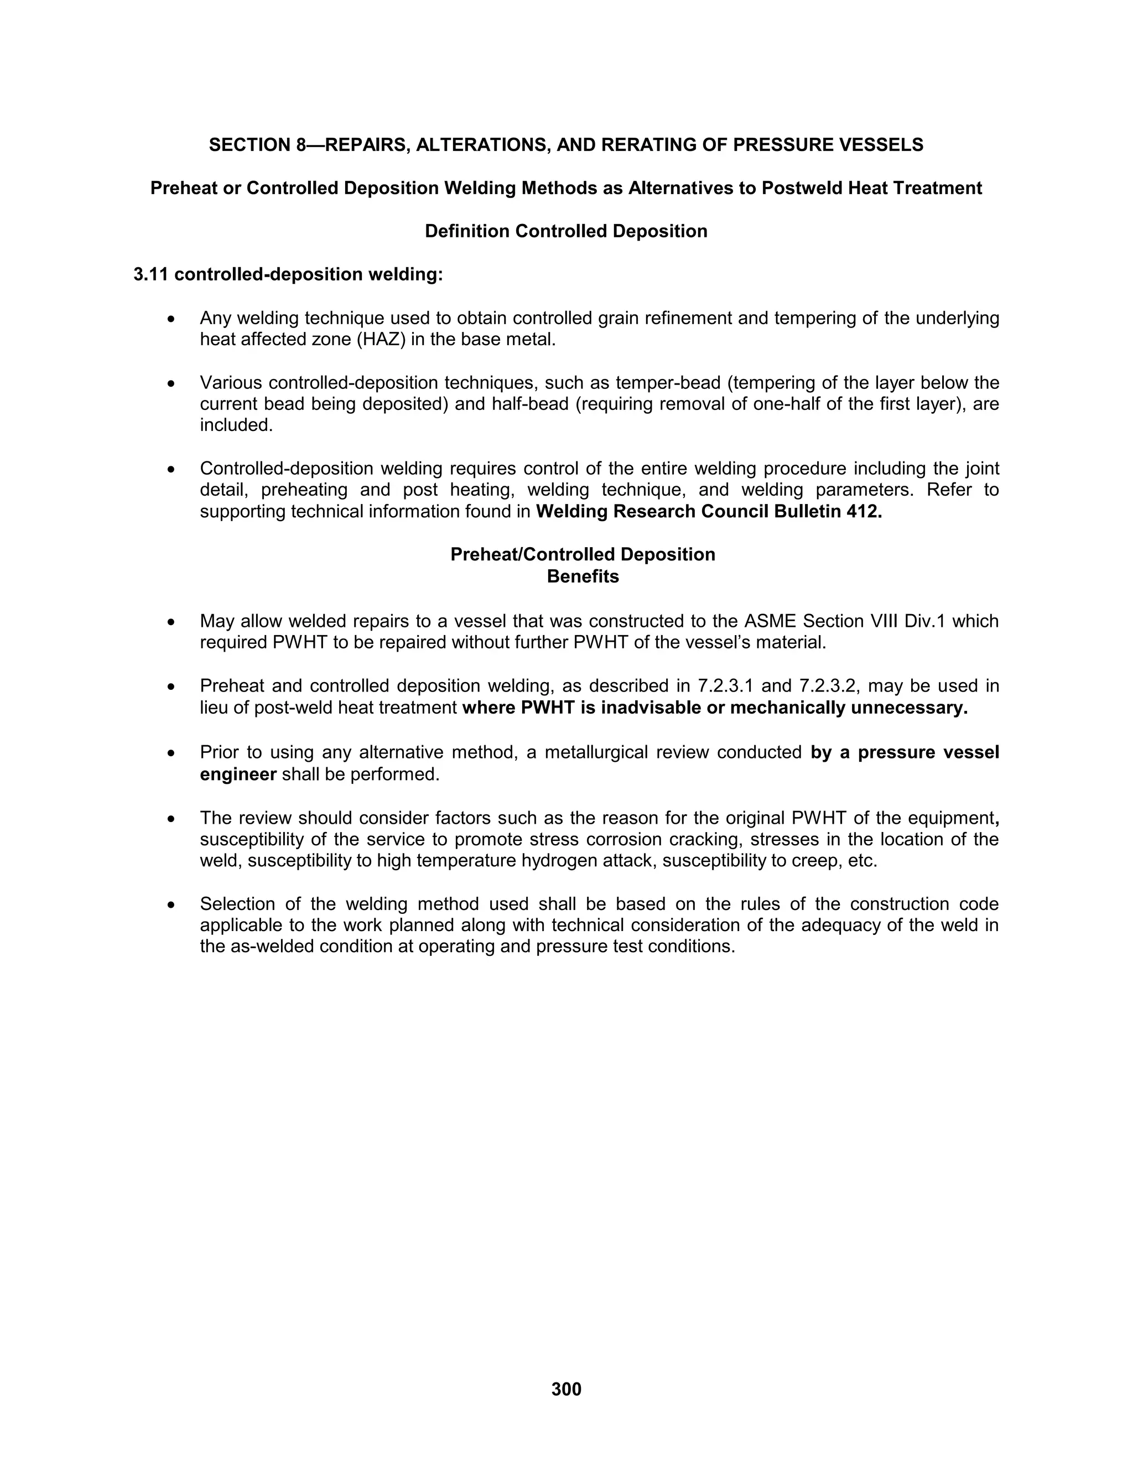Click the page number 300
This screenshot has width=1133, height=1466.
566,1389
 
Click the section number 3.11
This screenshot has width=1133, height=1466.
151,274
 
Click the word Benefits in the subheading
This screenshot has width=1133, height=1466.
583,576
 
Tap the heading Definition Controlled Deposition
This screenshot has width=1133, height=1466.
566,232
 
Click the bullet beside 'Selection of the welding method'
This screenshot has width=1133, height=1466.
173,906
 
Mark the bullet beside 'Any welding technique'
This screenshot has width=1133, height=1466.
173,319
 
